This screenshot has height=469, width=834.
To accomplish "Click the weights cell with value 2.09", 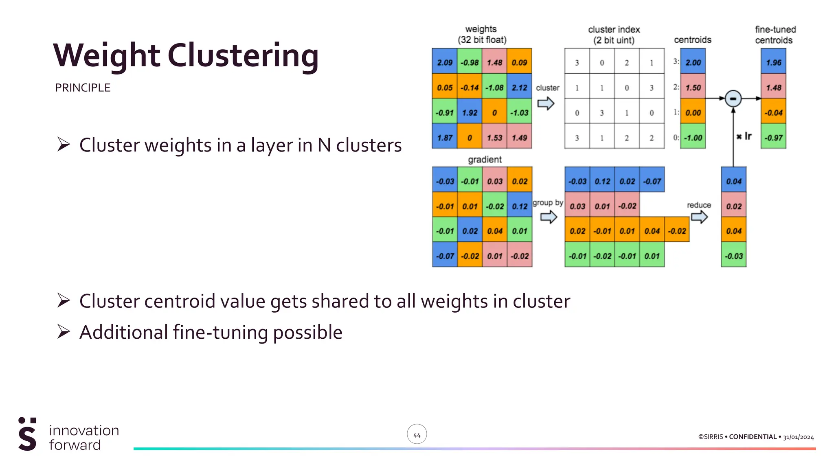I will [x=444, y=62].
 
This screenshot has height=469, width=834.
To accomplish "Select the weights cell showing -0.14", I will [x=469, y=88].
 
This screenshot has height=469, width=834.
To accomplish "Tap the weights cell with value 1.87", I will [x=444, y=138].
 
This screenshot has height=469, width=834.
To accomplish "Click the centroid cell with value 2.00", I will [x=693, y=62].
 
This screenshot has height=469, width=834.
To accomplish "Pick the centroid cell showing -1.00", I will [x=693, y=138].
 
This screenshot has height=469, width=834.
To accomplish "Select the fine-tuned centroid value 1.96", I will [x=773, y=62].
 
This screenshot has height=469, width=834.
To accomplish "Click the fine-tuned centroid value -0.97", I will [x=773, y=138].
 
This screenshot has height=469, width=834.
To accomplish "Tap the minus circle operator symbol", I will [x=733, y=99].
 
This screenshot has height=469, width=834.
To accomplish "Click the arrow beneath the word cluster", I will [x=546, y=103].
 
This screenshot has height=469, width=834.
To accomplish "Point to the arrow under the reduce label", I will [x=699, y=217].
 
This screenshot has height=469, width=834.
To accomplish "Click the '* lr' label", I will [x=744, y=136].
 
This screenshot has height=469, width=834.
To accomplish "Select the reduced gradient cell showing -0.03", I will [x=733, y=256].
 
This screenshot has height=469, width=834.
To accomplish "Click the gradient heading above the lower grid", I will [x=485, y=160].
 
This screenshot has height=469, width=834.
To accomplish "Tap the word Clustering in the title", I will [x=243, y=56].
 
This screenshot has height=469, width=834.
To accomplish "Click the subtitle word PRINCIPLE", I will [x=83, y=88].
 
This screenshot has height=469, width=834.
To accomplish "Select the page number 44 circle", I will [x=417, y=435].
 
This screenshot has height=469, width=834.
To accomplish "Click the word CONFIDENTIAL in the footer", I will [x=753, y=437].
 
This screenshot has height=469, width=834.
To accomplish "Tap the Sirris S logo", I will [x=27, y=434].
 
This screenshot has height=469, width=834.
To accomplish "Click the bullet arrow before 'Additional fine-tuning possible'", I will [x=64, y=332].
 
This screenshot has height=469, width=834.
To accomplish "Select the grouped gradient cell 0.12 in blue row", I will [x=602, y=181].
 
